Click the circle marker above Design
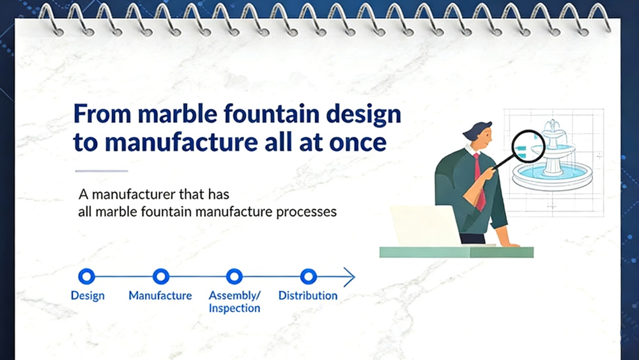pyautogui.click(x=86, y=276)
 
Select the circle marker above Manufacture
pyautogui.click(x=160, y=276)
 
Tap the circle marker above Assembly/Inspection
pyautogui.click(x=235, y=276)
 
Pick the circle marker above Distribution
pyautogui.click(x=309, y=276)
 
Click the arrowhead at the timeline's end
pyautogui.click(x=350, y=277)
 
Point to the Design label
pyautogui.click(x=88, y=295)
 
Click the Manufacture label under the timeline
pyautogui.click(x=160, y=295)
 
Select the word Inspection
pyautogui.click(x=235, y=308)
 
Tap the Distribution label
pyautogui.click(x=308, y=295)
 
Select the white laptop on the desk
pyautogui.click(x=424, y=226)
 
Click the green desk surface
pyautogui.click(x=456, y=252)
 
